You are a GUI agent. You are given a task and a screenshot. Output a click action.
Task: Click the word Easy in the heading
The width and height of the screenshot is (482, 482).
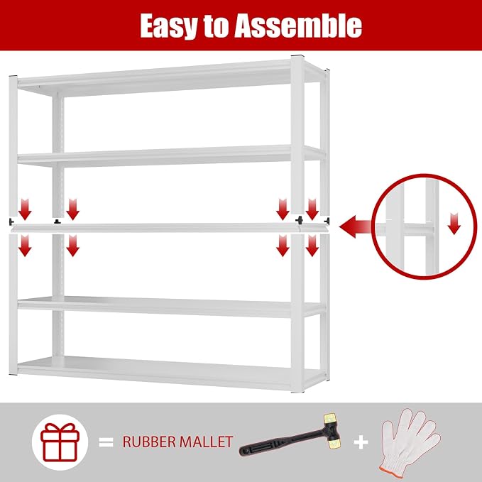click(x=168, y=26)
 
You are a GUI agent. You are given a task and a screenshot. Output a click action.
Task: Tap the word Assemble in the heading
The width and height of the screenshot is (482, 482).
click(x=298, y=26)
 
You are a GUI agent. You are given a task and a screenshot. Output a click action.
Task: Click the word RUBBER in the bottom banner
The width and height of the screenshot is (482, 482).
click(x=147, y=442)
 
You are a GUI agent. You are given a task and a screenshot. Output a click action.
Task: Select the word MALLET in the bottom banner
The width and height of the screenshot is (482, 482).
click(x=204, y=442)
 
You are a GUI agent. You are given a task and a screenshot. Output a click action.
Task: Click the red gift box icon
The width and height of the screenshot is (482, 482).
click(x=60, y=442)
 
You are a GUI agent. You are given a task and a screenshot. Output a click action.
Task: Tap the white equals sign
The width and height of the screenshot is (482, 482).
click(x=106, y=442)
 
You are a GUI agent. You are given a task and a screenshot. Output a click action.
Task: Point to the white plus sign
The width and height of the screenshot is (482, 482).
click(x=361, y=443)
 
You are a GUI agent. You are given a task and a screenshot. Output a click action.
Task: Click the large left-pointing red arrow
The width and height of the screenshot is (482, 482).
click(x=356, y=227)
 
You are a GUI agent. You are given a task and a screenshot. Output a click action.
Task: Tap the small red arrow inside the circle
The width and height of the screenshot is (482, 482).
click(x=454, y=224)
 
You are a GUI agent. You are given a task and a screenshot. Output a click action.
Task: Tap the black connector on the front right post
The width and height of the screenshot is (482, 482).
click(x=299, y=220)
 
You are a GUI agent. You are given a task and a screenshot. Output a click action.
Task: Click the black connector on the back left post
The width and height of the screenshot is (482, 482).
click(x=57, y=221)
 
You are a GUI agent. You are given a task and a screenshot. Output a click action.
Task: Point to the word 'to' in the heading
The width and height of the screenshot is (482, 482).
click(x=216, y=26)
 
